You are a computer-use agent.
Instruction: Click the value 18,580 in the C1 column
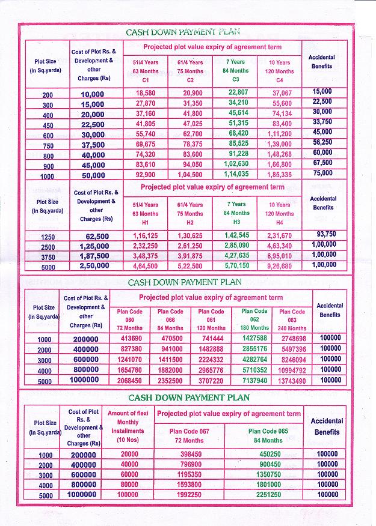click(x=146, y=93)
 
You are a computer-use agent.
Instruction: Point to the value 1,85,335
click(x=282, y=175)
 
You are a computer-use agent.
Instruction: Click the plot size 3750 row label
click(x=48, y=257)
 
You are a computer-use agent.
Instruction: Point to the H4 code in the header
click(x=279, y=222)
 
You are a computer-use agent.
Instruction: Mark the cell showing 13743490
click(x=291, y=381)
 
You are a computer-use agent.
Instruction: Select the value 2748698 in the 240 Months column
click(x=291, y=339)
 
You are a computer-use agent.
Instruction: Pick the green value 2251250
click(x=266, y=495)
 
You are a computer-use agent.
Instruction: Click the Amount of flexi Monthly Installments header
click(x=128, y=426)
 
